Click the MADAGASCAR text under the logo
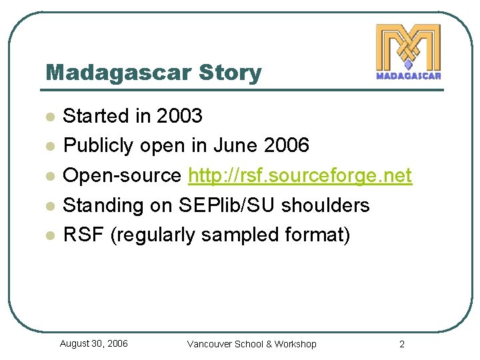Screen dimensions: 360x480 408,75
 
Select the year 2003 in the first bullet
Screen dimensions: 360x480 179,116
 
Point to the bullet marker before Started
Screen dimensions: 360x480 48,117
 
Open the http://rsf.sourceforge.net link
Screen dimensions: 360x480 300,176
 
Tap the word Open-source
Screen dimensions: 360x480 122,176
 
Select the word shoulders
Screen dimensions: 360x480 325,205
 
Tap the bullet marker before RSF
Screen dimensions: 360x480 48,235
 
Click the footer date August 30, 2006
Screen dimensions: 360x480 94,343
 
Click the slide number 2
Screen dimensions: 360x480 401,344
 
